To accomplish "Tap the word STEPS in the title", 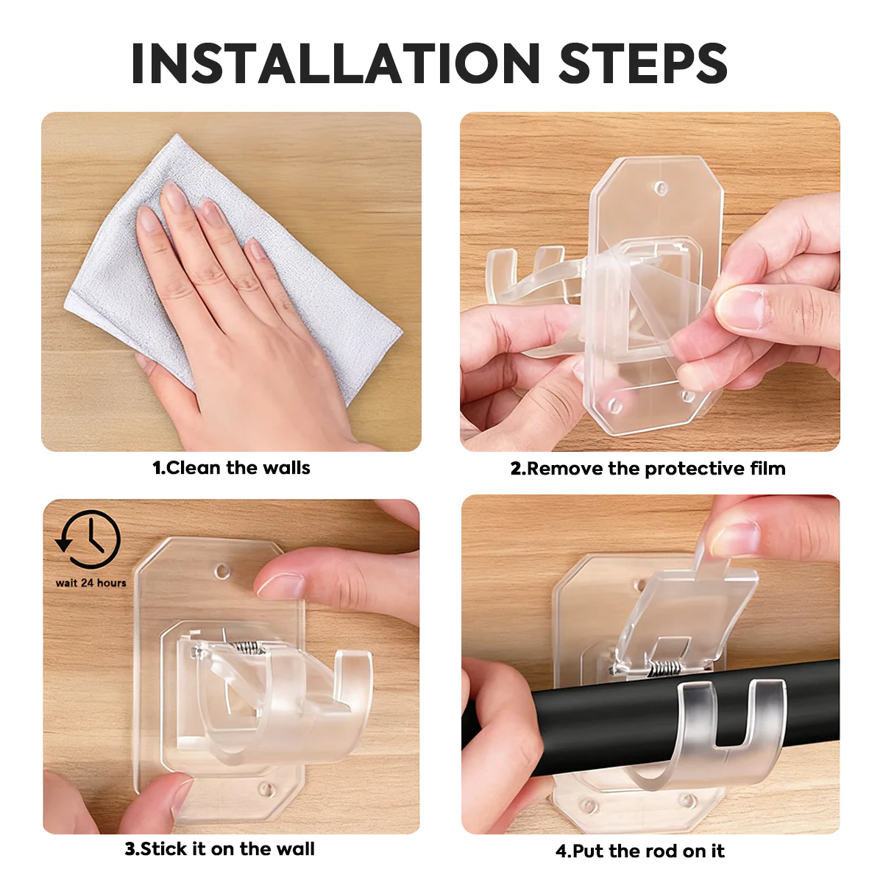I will coord(643,63).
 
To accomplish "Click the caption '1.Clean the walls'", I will coord(231,468).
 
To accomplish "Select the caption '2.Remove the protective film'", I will coord(648,469).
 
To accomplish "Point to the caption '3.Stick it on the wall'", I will coord(219,849).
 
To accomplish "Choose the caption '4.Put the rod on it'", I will coord(639,851).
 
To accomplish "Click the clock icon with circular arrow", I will coord(89,540).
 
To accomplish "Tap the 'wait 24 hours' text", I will coord(91,583).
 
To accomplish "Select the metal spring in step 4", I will coord(666,667).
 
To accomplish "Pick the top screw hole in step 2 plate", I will coord(661,188).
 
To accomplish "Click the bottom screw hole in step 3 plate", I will coord(265,789).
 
